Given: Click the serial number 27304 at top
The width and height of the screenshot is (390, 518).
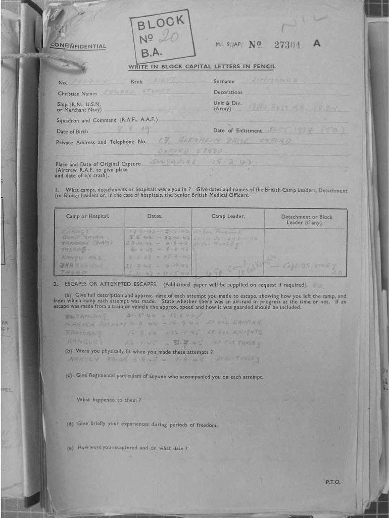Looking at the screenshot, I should pyautogui.click(x=287, y=45).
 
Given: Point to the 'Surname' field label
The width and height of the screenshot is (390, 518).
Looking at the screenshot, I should pyautogui.click(x=224, y=81).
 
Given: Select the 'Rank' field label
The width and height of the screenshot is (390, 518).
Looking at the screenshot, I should pyautogui.click(x=137, y=81).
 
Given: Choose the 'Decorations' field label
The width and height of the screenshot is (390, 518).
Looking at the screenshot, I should pyautogui.click(x=228, y=93).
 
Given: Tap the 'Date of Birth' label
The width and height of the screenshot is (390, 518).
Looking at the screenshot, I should pyautogui.click(x=72, y=132).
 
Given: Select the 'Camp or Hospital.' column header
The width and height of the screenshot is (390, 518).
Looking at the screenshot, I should pyautogui.click(x=88, y=217).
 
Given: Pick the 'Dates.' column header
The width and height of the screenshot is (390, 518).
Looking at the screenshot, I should pyautogui.click(x=155, y=216).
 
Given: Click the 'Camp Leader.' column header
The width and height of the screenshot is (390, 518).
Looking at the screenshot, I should pyautogui.click(x=228, y=217).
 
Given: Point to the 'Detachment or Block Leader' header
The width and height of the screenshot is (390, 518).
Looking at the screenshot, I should pyautogui.click(x=306, y=220).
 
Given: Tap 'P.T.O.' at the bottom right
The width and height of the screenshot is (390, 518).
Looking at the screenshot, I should pyautogui.click(x=333, y=482).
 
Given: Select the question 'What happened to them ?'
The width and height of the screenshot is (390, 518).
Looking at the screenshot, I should pyautogui.click(x=109, y=400).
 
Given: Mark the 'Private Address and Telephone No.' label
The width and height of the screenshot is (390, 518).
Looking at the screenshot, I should pyautogui.click(x=101, y=143).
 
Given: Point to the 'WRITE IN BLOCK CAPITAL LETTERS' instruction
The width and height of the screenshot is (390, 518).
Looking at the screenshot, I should pyautogui.click(x=202, y=67).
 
